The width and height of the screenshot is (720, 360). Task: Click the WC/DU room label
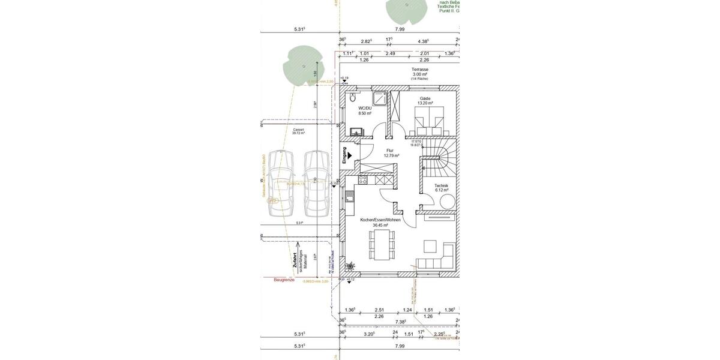365,110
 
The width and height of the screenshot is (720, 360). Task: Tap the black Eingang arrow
349,155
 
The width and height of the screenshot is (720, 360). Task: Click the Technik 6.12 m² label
441,188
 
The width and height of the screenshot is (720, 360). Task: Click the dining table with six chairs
382,245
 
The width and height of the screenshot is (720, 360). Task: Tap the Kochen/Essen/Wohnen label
380,223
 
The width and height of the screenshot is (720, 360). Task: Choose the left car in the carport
280,183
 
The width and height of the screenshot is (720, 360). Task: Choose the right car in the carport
316,183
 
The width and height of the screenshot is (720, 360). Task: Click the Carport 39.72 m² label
298,131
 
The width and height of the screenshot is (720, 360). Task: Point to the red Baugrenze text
284,280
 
